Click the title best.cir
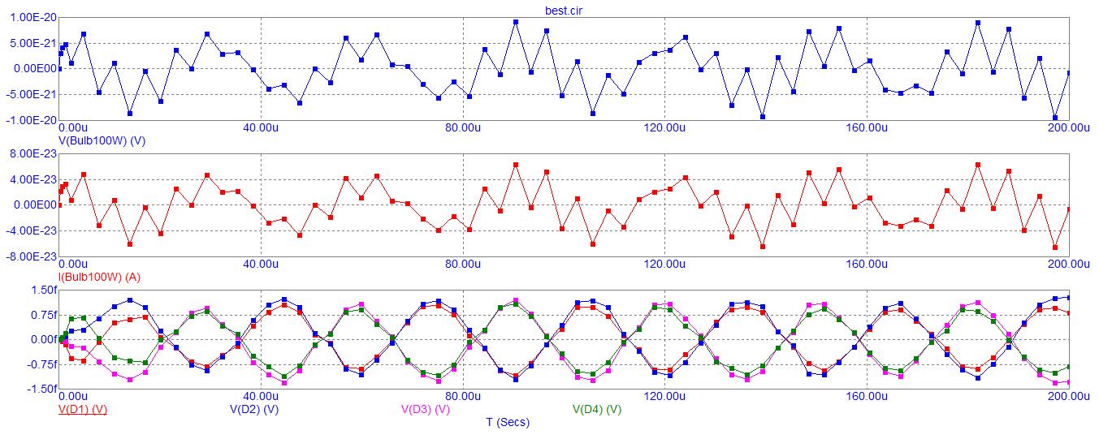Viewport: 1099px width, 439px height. [564, 11]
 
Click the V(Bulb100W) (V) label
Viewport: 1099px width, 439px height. [102, 140]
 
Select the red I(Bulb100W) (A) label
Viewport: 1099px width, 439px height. [99, 277]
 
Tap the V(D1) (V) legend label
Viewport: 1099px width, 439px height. [83, 409]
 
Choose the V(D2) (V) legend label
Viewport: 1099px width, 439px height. [254, 409]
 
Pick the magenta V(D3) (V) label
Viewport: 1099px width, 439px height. [426, 409]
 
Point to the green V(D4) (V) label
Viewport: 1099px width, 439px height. [597, 409]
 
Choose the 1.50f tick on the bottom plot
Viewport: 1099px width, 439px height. [42, 290]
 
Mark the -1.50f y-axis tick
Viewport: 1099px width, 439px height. [41, 390]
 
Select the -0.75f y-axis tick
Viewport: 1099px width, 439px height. [41, 365]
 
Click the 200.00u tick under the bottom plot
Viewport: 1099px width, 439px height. [1067, 397]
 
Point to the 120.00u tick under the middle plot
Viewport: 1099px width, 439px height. [664, 264]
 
